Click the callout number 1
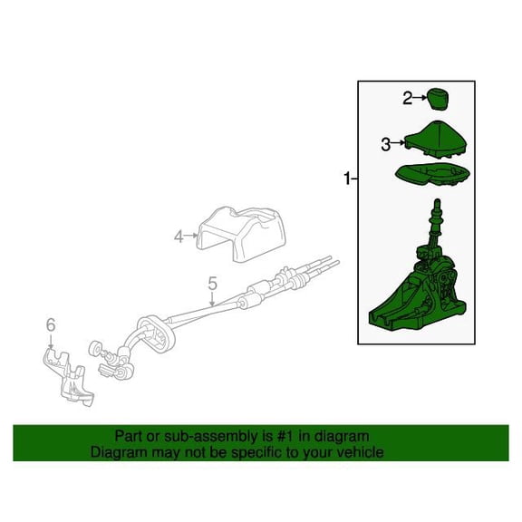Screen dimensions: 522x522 tap(347, 179)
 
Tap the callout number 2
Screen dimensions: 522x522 tap(408, 98)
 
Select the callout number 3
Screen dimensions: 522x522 tap(386, 145)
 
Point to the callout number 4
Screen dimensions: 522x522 tap(179, 237)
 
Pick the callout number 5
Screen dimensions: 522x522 tap(212, 284)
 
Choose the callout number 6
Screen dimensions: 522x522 tap(51, 324)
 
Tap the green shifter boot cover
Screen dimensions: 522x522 tap(435, 140)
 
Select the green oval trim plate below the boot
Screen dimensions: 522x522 tap(432, 174)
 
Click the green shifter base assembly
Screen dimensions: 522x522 tap(419, 293)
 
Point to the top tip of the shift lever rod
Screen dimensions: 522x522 tap(438, 199)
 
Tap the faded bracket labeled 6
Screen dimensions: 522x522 tap(68, 376)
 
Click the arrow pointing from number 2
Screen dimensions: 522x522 tap(420, 98)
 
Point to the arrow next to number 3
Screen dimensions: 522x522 tap(398, 142)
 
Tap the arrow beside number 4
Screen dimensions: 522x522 tap(191, 236)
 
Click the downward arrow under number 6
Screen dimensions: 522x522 tap(51, 341)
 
